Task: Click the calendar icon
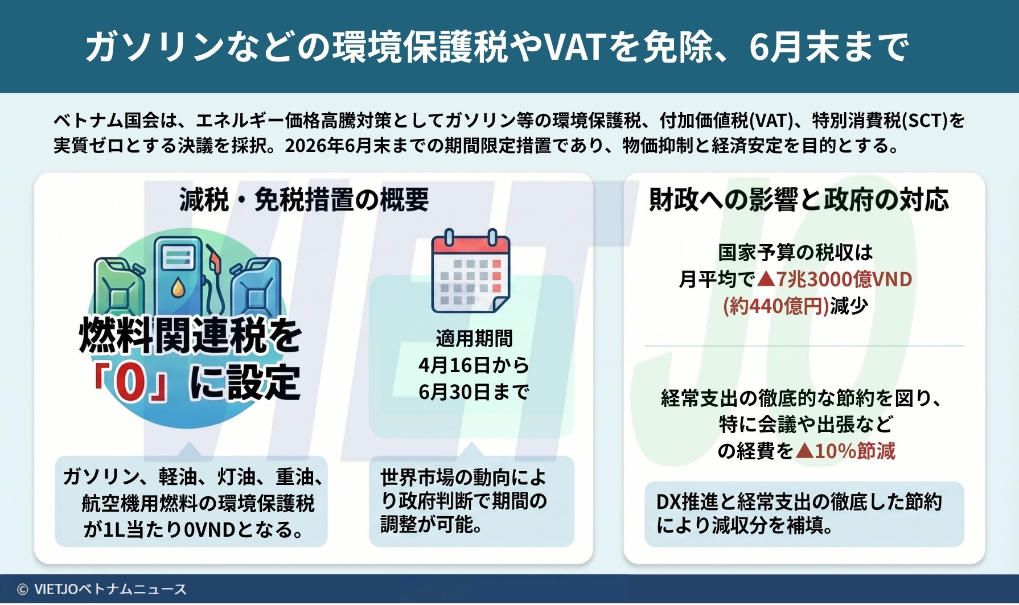pyautogui.click(x=471, y=271)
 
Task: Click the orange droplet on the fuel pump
pyautogui.click(x=178, y=288)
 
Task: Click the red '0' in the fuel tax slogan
pyautogui.click(x=130, y=383)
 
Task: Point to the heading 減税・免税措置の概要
pyautogui.click(x=304, y=200)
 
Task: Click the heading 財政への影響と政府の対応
pyautogui.click(x=799, y=200)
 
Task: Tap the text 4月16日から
pyautogui.click(x=474, y=365)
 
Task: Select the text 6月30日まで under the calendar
pyautogui.click(x=474, y=392)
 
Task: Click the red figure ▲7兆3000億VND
pyautogui.click(x=835, y=279)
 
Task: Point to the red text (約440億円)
pyautogui.click(x=776, y=306)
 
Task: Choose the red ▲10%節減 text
pyautogui.click(x=845, y=451)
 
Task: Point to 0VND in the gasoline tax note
pyautogui.click(x=210, y=530)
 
